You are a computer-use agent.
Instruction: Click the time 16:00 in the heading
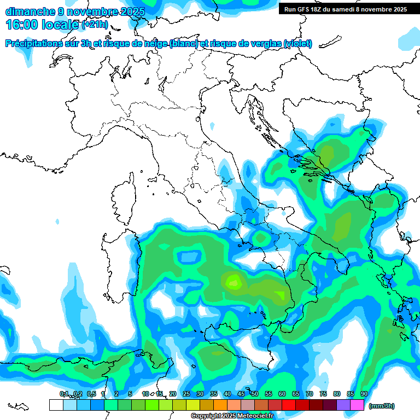[22, 25]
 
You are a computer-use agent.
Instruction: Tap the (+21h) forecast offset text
[95, 25]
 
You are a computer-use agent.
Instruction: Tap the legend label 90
[364, 394]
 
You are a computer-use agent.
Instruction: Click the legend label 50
[255, 394]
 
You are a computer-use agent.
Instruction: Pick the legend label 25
[186, 394]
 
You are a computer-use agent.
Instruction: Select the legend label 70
[310, 394]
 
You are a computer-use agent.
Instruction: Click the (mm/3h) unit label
[382, 406]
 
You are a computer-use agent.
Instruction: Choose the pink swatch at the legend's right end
[358, 405]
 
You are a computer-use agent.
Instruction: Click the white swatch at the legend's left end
[56, 405]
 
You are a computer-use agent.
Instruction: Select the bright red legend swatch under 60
[289, 405]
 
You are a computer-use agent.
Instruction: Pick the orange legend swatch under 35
[220, 405]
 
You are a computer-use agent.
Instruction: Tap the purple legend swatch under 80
[343, 405]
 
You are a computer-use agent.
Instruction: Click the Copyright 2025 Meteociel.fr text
[232, 416]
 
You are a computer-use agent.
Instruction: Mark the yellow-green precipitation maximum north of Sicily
[234, 282]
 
